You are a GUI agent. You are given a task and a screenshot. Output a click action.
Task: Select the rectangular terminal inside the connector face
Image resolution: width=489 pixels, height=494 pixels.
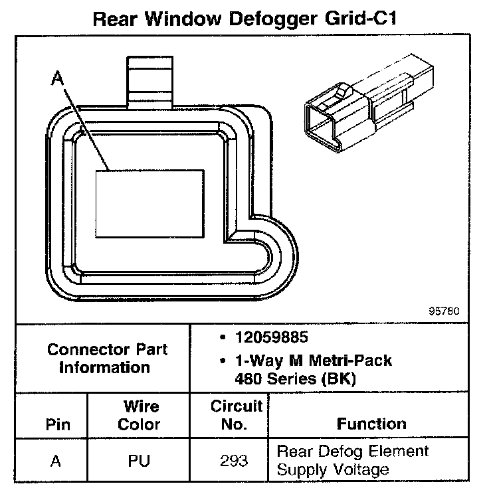tap(149, 203)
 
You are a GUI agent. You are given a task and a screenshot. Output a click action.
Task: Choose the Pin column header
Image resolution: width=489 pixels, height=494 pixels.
tap(57, 424)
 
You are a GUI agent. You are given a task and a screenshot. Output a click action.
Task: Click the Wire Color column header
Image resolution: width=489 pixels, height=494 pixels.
tap(139, 415)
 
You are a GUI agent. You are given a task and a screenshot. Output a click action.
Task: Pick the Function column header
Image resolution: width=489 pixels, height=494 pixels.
tap(371, 424)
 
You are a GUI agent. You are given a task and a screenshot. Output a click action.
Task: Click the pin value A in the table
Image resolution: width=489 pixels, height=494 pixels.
tap(56, 461)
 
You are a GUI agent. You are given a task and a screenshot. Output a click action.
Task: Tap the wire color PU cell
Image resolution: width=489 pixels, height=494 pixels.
tap(139, 461)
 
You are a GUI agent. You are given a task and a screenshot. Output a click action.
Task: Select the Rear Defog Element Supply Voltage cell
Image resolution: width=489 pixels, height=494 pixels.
tap(352, 461)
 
